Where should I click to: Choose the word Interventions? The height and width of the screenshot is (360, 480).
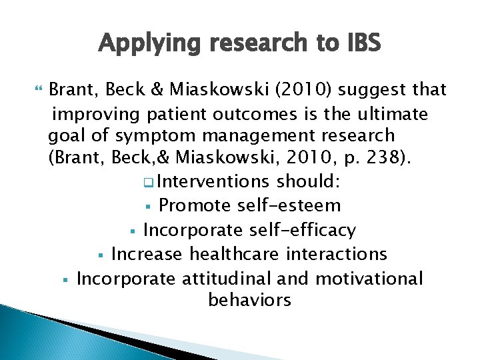point(214,181)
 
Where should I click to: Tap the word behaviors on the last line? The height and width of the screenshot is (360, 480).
point(249,300)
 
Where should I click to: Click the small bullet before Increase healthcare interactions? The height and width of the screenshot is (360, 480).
point(100,255)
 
